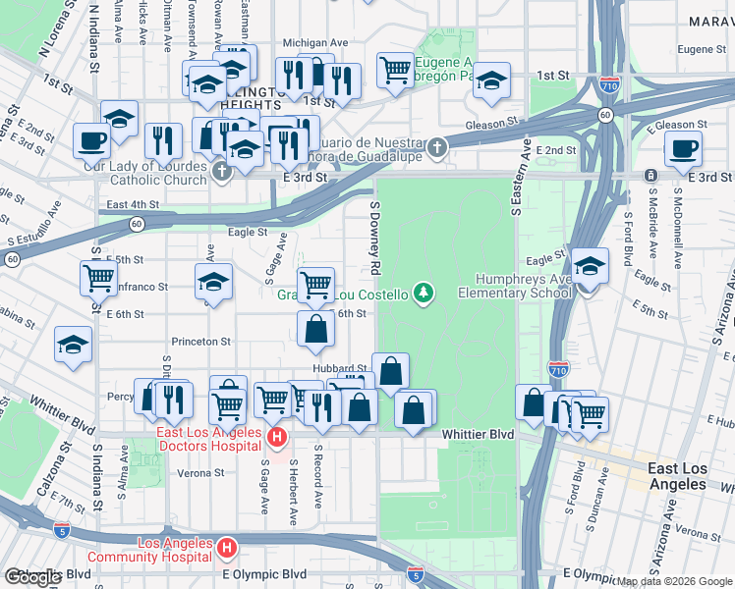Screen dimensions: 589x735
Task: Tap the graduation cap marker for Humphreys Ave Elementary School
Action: click(x=590, y=267)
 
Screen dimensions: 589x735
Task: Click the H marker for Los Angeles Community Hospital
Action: click(x=227, y=547)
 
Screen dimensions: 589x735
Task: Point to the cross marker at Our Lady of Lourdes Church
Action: click(x=222, y=171)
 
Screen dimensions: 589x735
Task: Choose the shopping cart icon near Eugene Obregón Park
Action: click(x=395, y=70)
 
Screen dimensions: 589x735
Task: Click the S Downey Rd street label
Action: click(x=374, y=236)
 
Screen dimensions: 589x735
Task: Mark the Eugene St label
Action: click(x=700, y=48)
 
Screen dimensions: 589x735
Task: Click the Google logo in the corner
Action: click(x=32, y=577)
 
